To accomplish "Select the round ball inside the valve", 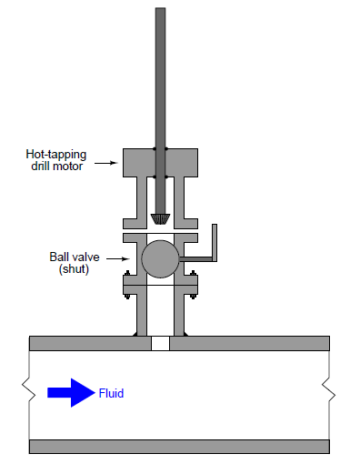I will pyautogui.click(x=160, y=258).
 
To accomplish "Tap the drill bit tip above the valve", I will pyautogui.click(x=160, y=219).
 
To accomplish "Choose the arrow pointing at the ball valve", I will pyautogui.click(x=115, y=258).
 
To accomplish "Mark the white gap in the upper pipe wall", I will pyautogui.click(x=160, y=343).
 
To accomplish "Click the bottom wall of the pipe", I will pyautogui.click(x=179, y=447).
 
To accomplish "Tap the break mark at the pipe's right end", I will pyautogui.click(x=330, y=395).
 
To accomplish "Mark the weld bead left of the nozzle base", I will pyautogui.click(x=136, y=335).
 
